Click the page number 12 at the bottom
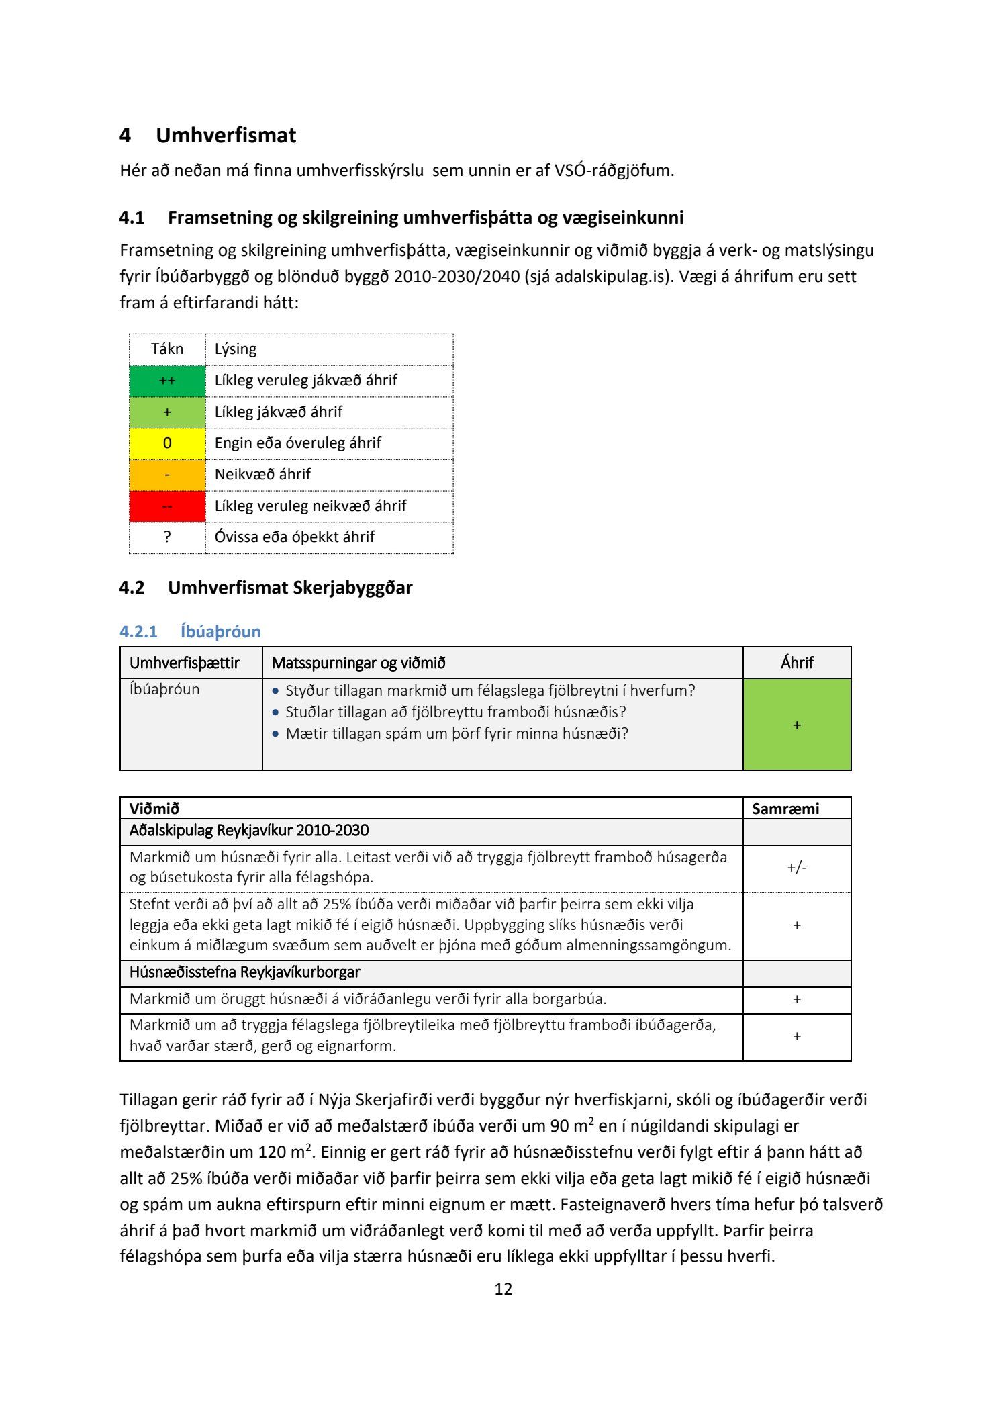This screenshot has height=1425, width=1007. (503, 1289)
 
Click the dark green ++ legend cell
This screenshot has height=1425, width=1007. (167, 381)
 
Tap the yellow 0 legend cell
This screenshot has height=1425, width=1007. (167, 443)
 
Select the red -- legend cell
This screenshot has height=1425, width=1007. (167, 506)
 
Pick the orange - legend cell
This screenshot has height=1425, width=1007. (167, 475)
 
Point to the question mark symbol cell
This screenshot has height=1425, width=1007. (167, 537)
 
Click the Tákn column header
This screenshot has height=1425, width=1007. (167, 349)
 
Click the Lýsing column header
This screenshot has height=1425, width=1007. (236, 349)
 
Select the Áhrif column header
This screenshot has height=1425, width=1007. (797, 663)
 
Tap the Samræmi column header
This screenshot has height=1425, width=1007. (785, 809)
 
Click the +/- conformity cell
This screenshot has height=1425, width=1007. (797, 868)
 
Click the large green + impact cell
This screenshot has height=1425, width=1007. (797, 725)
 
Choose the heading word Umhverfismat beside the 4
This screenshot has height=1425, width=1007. (226, 136)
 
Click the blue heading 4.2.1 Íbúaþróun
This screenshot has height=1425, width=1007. (190, 631)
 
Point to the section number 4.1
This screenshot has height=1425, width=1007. (132, 218)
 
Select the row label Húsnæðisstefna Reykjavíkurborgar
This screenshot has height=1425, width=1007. (244, 972)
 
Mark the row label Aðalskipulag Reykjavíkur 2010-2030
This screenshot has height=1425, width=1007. (249, 831)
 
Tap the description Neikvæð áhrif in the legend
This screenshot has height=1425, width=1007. (262, 475)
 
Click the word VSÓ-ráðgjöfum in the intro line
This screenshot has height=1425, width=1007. (614, 171)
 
